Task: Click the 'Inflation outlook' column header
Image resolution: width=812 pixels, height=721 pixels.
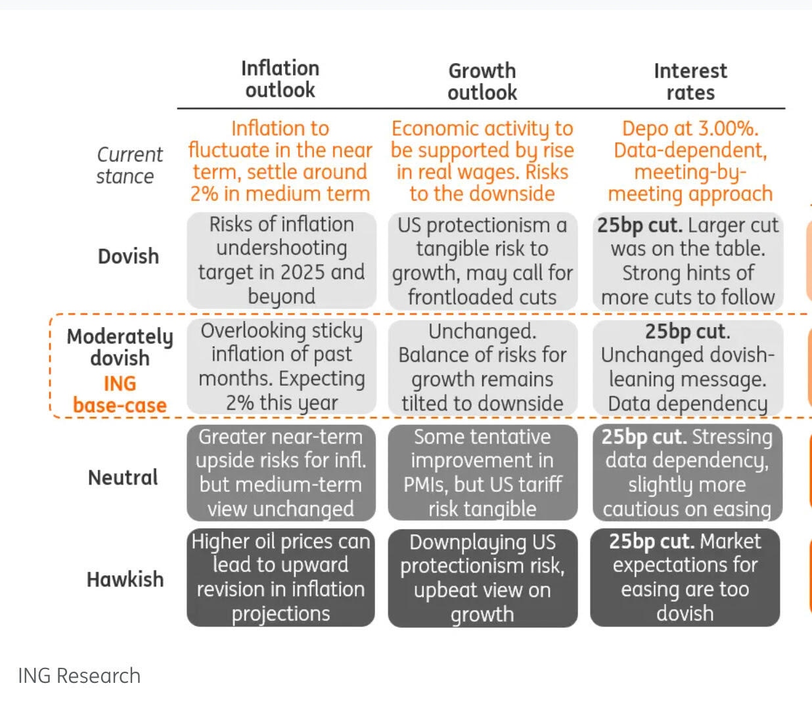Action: [x=280, y=79]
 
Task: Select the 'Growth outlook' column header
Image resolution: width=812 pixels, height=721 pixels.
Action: [x=482, y=81]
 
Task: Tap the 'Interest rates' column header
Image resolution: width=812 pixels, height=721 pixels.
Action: [x=690, y=81]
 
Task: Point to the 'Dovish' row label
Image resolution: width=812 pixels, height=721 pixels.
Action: [x=128, y=256]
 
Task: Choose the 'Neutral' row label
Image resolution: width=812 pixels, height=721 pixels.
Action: [x=123, y=477]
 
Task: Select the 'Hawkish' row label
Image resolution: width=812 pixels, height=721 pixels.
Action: [x=125, y=579]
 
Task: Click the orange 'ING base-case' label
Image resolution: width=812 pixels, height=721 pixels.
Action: [x=120, y=395]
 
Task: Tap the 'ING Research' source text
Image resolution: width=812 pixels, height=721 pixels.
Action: [x=79, y=676]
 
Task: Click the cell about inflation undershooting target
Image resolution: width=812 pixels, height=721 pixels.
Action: [x=281, y=261]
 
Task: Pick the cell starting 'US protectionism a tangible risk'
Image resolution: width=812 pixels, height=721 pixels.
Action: [x=482, y=261]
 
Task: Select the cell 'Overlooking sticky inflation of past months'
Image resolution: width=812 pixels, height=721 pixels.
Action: [x=281, y=366]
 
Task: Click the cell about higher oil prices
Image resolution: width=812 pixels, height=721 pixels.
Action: [x=281, y=577]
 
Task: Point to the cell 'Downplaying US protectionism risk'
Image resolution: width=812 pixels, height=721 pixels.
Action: [x=482, y=578]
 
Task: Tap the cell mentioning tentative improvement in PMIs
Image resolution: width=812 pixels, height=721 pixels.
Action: [x=482, y=473]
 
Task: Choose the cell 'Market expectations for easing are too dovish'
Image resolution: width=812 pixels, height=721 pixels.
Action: [x=685, y=578]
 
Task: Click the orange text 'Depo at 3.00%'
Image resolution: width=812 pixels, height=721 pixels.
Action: [x=690, y=129]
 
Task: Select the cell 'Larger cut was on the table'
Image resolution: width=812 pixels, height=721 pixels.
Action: [x=688, y=261]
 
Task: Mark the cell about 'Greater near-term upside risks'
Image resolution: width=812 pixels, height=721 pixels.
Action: [x=281, y=473]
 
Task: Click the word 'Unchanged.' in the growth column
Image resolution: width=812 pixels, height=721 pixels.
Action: [x=482, y=332]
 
